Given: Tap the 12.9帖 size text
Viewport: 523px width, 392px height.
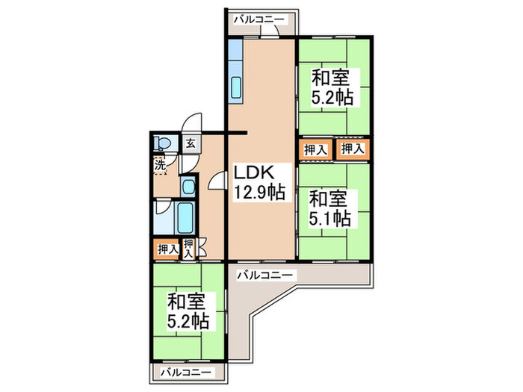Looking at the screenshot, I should [259, 193].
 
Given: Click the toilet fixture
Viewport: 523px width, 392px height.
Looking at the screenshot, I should [162, 144].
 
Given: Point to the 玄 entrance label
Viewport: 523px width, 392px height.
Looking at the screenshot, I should [190, 143].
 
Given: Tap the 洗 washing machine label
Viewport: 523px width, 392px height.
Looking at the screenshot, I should [160, 165].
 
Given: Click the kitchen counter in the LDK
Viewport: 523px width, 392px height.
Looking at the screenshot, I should [236, 75].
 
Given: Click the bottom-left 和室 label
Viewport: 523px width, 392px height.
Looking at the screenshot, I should [185, 302].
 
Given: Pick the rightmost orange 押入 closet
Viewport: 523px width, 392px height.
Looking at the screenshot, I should [353, 149].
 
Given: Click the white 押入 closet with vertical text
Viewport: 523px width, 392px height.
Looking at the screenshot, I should [189, 249].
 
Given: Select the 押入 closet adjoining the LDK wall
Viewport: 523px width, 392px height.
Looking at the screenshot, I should [315, 149].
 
